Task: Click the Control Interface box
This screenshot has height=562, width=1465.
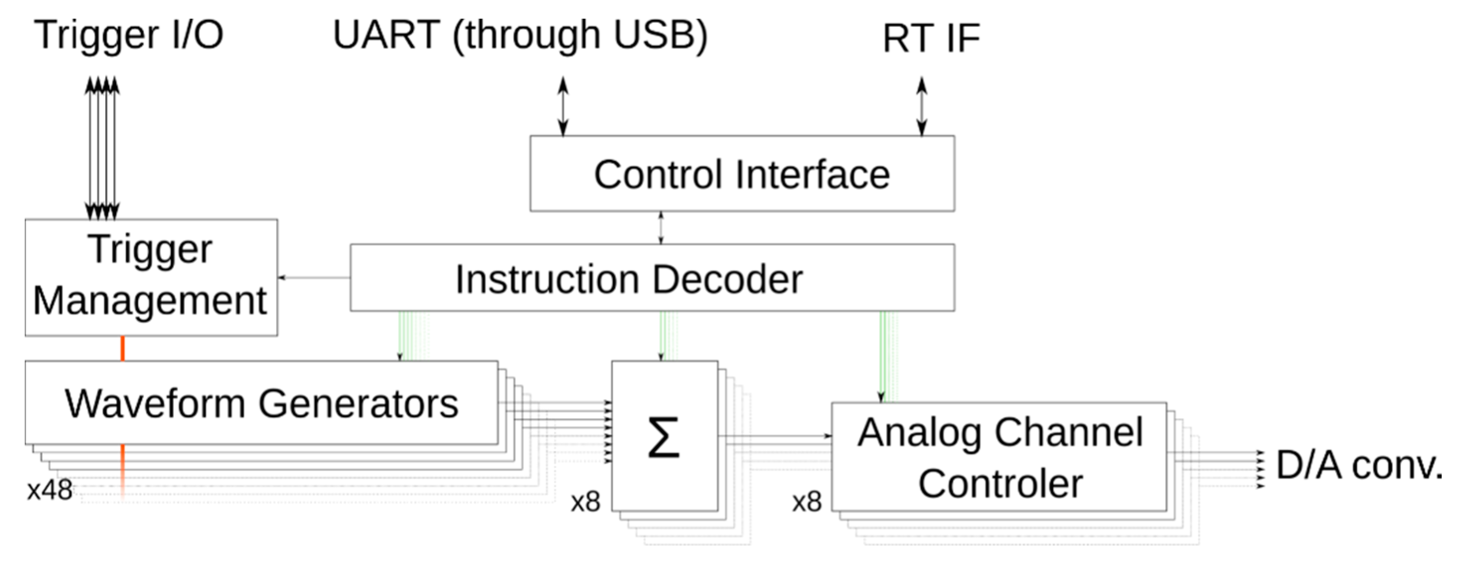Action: tap(741, 173)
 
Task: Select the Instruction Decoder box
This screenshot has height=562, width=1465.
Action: tap(652, 278)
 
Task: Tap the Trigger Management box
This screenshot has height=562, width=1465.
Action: tap(150, 277)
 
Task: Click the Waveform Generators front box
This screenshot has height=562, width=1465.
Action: tap(261, 402)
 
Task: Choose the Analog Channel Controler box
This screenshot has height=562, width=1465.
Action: tap(999, 457)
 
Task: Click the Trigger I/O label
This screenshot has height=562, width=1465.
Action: tap(129, 35)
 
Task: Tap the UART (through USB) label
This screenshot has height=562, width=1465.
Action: tap(520, 35)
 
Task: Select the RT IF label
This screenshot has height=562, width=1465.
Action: tap(931, 39)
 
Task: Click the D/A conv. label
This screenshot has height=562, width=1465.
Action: tap(1359, 465)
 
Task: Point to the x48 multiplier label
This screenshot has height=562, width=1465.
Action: tap(50, 490)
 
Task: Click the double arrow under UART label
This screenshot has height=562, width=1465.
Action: tap(563, 106)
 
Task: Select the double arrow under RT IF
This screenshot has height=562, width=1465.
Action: tap(921, 106)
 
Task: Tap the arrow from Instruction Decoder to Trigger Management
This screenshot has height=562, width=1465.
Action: tap(314, 278)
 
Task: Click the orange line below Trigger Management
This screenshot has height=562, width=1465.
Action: tap(122, 348)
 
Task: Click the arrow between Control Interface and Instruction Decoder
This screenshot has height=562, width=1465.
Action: tap(660, 228)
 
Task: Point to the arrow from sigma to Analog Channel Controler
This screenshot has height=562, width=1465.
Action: tap(773, 436)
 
